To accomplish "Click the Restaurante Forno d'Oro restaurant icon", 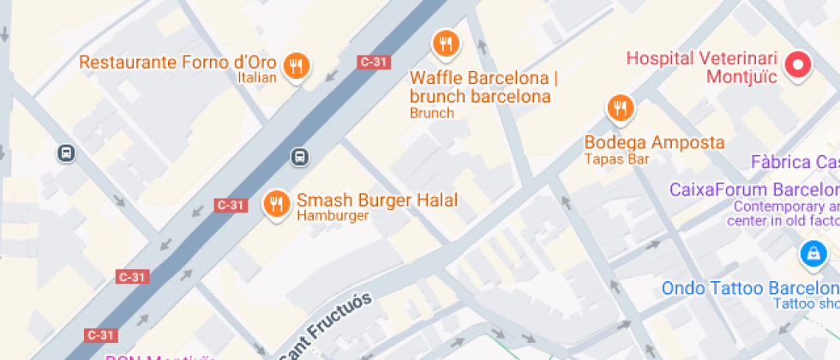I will (297, 65).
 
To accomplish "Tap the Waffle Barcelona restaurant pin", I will (445, 43).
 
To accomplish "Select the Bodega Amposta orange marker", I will (620, 107).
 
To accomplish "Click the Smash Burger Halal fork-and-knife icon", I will (275, 203).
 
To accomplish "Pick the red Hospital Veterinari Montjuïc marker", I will (799, 65).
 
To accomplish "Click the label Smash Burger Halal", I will (377, 201).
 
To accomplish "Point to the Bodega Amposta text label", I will (654, 142).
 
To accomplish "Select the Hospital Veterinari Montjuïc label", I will (702, 68).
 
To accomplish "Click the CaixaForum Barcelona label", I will (753, 189).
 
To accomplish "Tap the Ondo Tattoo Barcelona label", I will (749, 288).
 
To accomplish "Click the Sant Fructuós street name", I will (327, 327).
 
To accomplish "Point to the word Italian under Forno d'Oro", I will (257, 78).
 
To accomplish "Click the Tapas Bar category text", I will (616, 159).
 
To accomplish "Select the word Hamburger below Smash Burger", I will (333, 216).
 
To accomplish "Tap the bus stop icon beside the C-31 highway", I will (299, 157).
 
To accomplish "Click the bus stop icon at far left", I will (66, 153).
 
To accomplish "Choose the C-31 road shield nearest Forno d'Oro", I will (374, 62).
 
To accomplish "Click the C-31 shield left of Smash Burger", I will (231, 205).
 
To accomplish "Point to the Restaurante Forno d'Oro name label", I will (178, 63).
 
